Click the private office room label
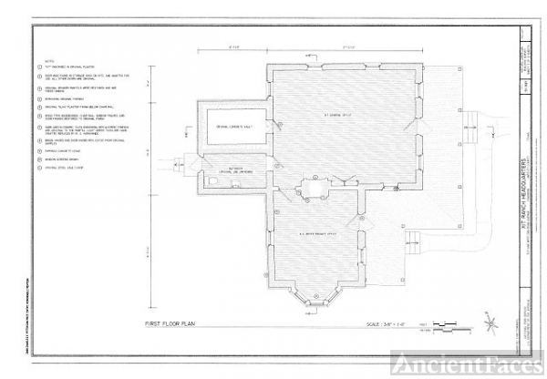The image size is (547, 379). (x=321, y=234)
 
